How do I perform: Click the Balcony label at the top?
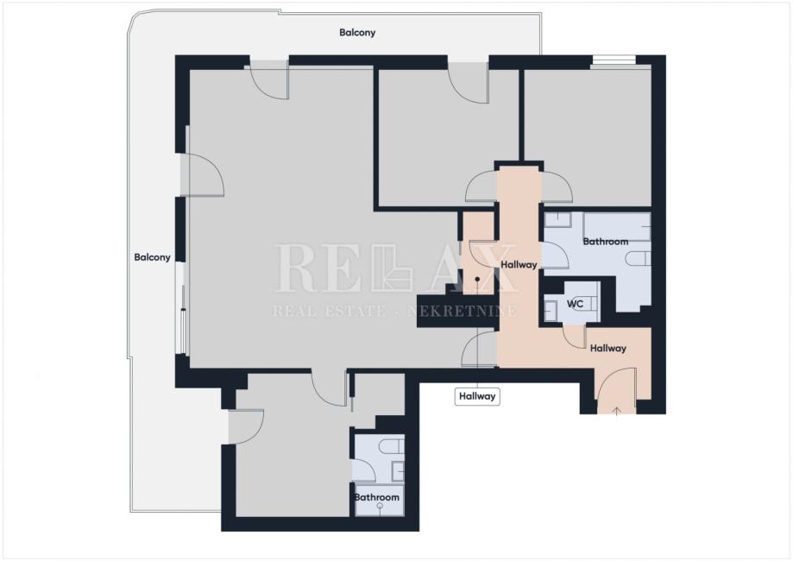click(357, 33)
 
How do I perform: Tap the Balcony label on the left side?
click(152, 257)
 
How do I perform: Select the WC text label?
click(575, 304)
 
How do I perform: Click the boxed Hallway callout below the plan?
click(477, 396)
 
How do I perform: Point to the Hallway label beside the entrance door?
click(607, 348)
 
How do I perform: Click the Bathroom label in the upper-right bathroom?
click(606, 242)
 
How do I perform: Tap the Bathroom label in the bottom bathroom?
click(377, 497)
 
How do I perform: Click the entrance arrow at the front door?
click(616, 410)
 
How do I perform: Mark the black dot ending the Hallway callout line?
click(477, 280)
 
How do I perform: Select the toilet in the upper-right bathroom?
click(639, 259)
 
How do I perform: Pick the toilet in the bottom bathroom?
click(392, 447)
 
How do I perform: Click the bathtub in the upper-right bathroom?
click(616, 227)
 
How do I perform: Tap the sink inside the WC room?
click(551, 310)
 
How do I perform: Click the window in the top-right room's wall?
click(614, 60)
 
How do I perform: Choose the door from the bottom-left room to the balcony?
click(246, 427)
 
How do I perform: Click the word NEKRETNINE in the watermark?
click(463, 310)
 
